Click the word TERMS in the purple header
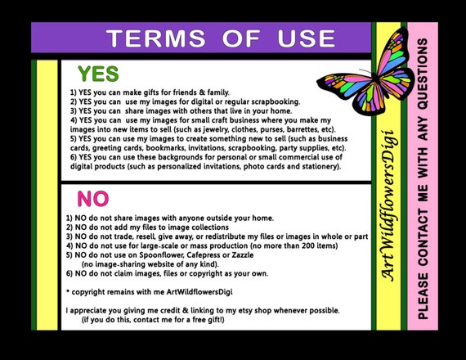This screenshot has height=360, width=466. tap(156, 38)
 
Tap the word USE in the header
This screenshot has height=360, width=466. tap(307, 38)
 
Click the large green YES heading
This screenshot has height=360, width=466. tap(98, 74)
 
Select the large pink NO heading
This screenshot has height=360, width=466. tap(93, 199)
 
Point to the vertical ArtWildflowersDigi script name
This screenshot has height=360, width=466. tap(389, 205)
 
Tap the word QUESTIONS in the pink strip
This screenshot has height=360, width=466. tap(423, 74)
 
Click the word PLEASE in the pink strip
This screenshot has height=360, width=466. tap(423, 296)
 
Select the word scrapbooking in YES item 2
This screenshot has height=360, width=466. tap(276, 102)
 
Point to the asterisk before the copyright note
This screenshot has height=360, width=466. tap(68, 291)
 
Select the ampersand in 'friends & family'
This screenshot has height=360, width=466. tap(202, 92)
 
